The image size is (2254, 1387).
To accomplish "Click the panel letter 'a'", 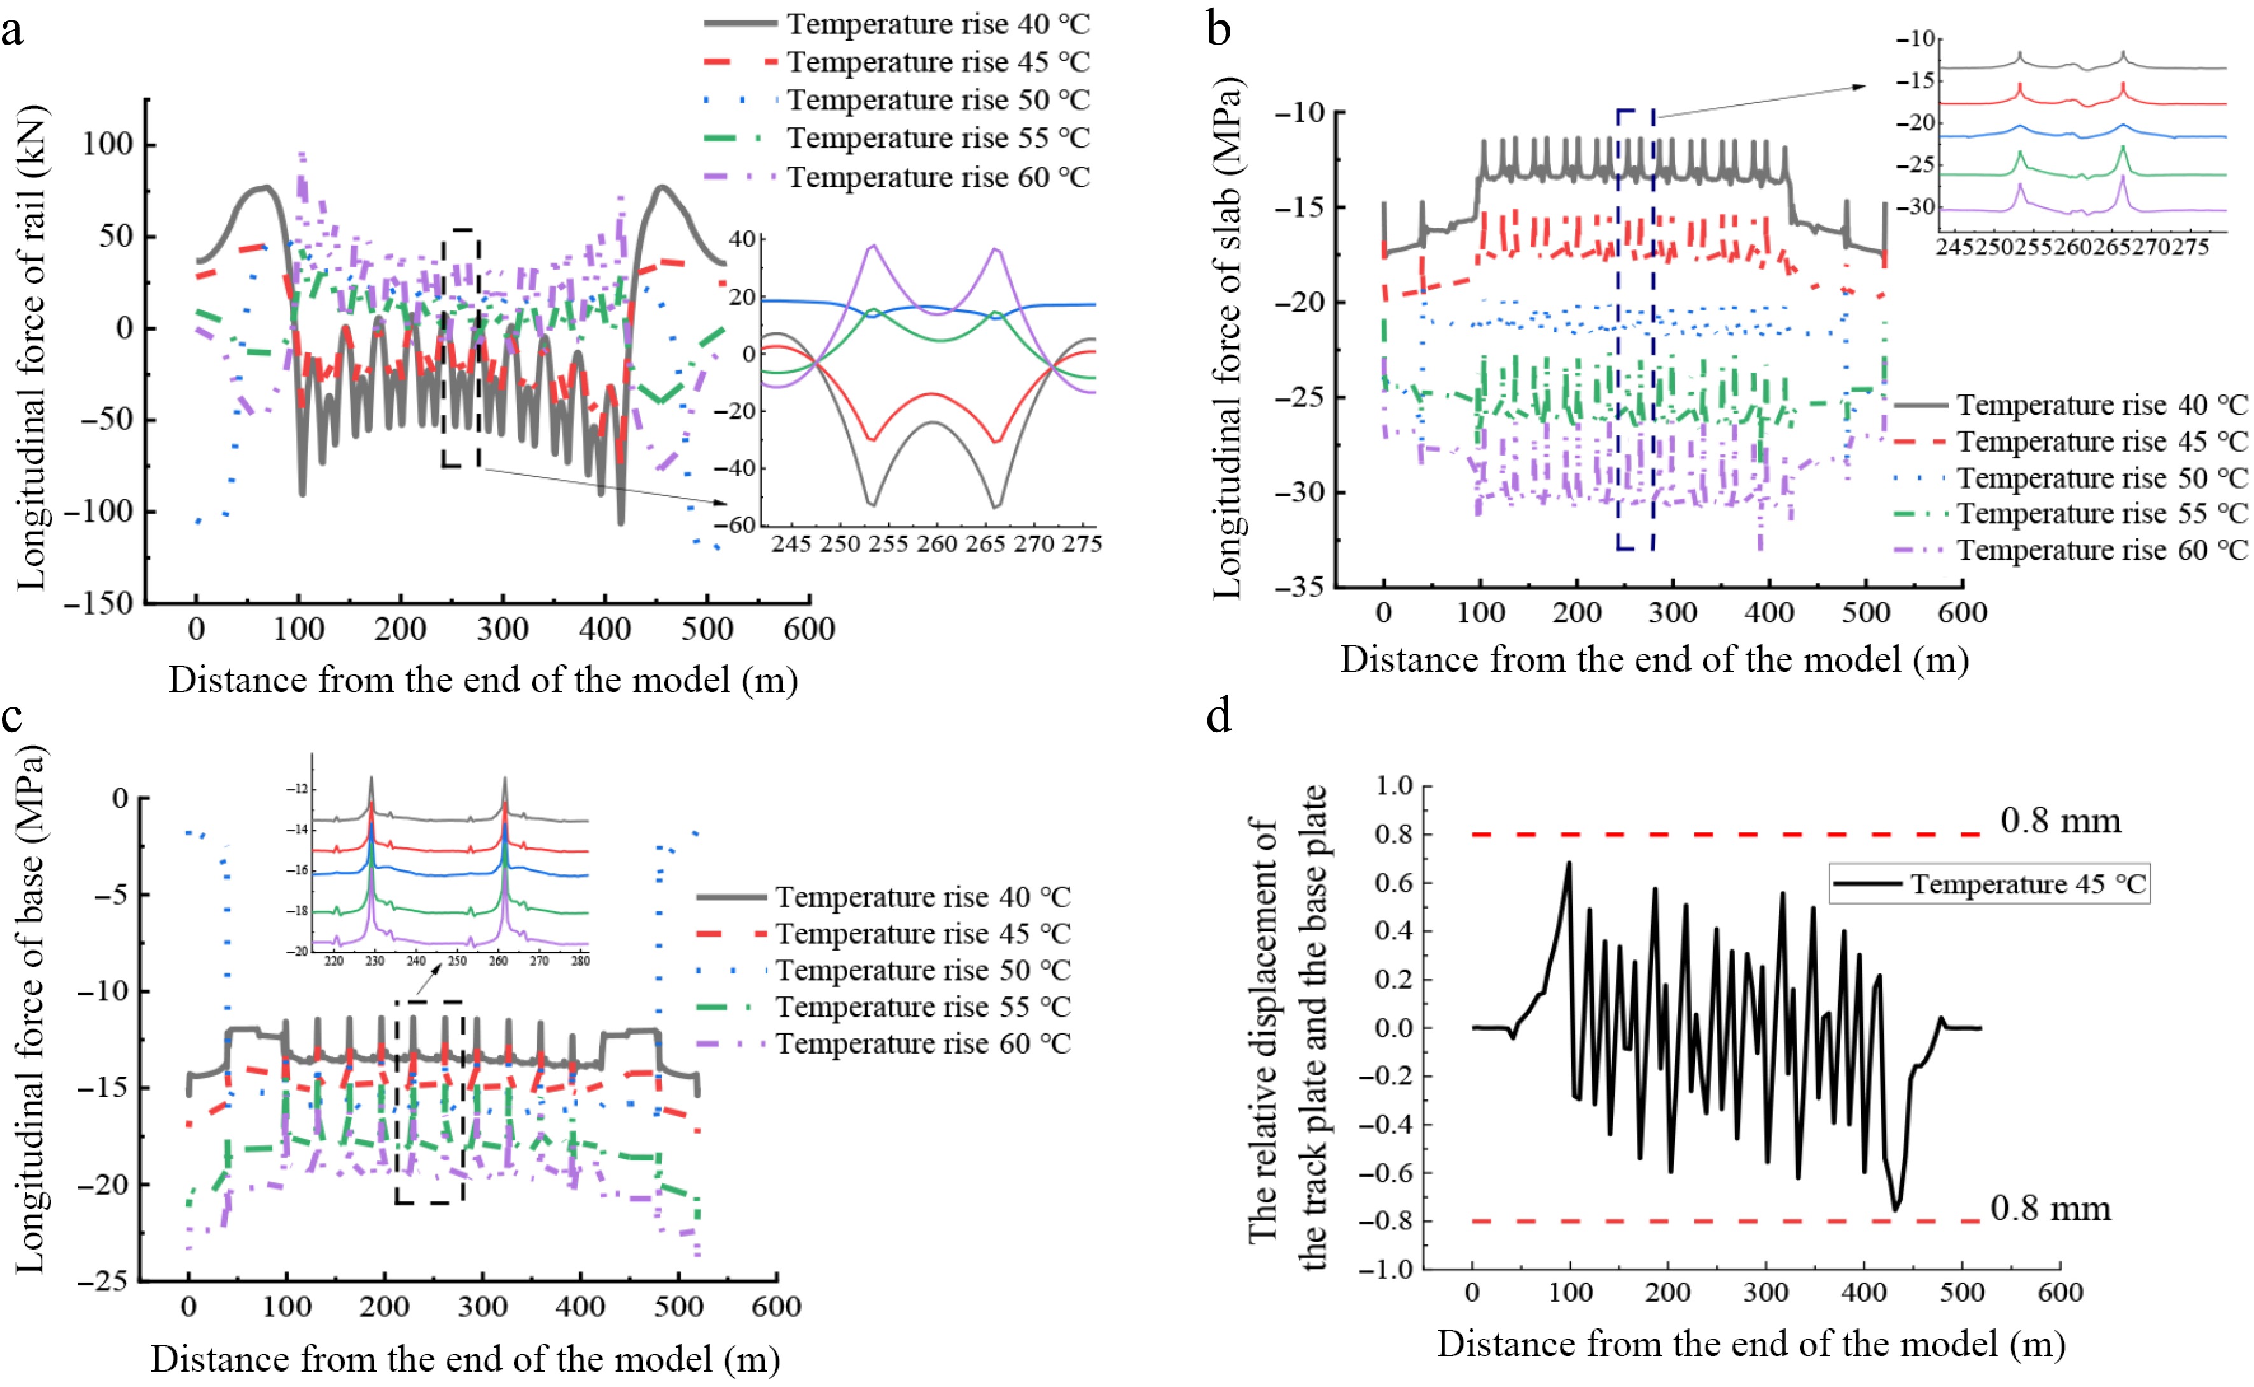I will pos(12,31).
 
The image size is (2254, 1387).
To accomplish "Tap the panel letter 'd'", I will pos(1219,716).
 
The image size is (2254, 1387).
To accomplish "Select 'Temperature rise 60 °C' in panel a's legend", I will pos(937,176).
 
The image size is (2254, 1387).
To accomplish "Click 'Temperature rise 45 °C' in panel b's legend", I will pos(2102,442).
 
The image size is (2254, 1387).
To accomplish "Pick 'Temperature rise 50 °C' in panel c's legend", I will pos(922,970).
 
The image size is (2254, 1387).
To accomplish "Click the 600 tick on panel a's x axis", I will pos(809,629).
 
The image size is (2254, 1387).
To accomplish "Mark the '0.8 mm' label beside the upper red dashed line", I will pos(2061,820).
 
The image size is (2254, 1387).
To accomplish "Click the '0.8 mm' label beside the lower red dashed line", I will pos(2050,1209).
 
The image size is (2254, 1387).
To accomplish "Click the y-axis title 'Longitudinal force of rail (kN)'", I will pos(32,349).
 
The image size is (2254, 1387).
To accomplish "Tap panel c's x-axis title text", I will pos(465,1358).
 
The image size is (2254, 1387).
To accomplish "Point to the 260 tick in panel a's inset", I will pos(936,544).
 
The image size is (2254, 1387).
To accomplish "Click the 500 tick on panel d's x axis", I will pos(1961,1292).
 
